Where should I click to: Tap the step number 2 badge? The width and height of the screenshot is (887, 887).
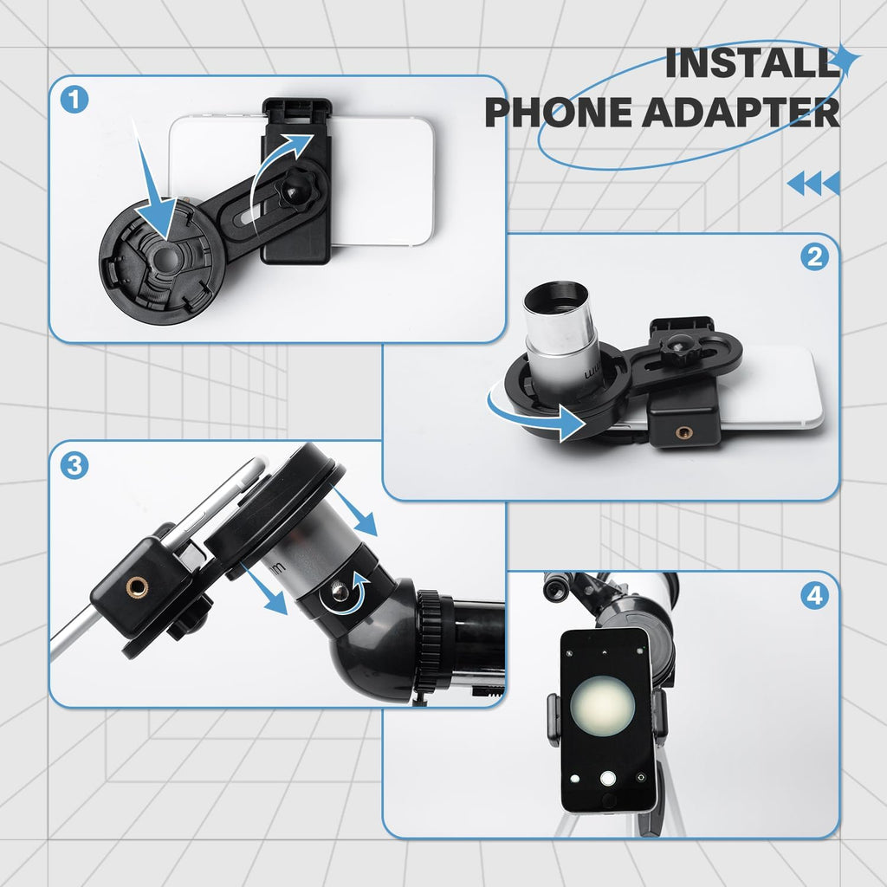tap(814, 257)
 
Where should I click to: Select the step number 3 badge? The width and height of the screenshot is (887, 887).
tap(75, 466)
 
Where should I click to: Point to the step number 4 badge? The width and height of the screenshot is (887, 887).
tap(814, 596)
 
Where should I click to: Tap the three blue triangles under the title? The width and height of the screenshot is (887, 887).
tap(813, 184)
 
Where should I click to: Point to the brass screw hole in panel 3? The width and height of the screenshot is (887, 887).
tap(136, 588)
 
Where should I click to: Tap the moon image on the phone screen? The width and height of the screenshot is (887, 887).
tap(602, 706)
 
